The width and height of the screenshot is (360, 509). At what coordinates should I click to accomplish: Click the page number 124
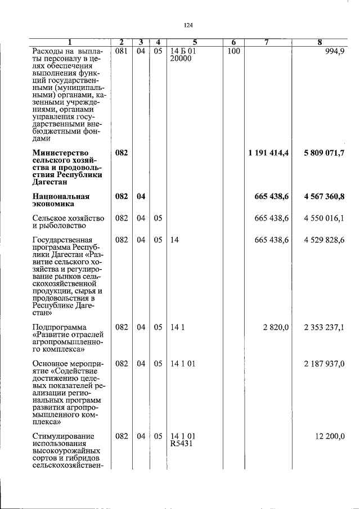pos(188,25)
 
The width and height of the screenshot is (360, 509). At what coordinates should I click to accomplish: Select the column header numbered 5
pos(195,42)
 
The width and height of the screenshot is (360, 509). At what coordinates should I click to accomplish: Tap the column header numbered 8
pos(319,42)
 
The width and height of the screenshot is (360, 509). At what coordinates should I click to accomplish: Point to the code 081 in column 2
pos(121,51)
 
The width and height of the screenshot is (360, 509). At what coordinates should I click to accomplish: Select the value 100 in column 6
pos(234,51)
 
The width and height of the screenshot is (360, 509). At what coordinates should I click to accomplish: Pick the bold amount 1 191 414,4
pos(268,153)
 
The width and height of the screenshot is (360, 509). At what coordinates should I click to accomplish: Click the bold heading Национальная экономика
pos(61,201)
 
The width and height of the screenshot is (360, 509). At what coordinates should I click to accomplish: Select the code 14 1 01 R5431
pos(183,440)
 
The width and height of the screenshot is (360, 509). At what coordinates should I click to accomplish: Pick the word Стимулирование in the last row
pos(63,436)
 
